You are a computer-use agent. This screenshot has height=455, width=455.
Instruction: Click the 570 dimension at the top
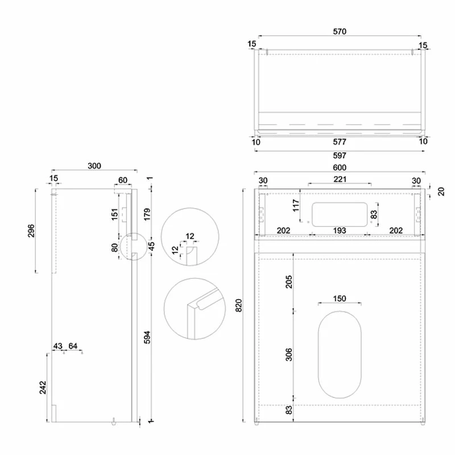(340, 32)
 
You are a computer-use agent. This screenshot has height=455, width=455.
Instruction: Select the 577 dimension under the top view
(340, 142)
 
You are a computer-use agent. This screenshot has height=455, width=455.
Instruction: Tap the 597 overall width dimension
(340, 155)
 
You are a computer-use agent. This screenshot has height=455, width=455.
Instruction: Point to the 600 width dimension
(340, 167)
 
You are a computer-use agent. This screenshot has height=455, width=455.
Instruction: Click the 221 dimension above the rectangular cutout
(340, 180)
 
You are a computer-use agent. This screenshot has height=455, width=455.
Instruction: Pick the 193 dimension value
(340, 230)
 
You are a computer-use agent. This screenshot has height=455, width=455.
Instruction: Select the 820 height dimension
(239, 305)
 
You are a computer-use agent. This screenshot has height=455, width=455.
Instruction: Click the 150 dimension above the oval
(340, 299)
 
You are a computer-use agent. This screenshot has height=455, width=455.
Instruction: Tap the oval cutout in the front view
(340, 354)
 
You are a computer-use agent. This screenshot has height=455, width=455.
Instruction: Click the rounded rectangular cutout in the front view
(340, 213)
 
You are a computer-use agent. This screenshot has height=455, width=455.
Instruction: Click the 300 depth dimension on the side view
(94, 166)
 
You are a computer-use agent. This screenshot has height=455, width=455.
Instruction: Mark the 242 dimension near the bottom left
(42, 387)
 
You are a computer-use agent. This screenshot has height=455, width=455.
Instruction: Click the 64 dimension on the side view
(73, 346)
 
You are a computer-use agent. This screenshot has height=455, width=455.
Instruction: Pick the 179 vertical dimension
(147, 214)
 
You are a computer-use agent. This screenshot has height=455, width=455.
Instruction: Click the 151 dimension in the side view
(114, 215)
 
